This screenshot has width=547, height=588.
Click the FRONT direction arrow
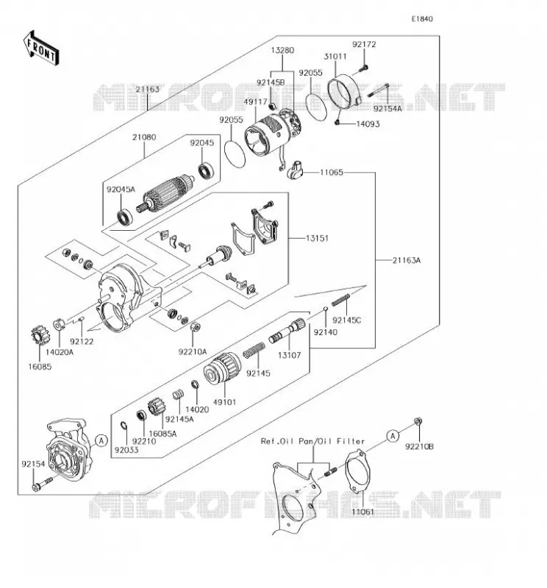click(41, 49)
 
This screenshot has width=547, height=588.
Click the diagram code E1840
click(422, 19)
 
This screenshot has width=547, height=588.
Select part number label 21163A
click(407, 260)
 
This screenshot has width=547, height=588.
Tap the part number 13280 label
click(282, 50)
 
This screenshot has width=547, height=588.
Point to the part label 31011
click(335, 57)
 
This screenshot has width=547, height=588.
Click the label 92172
click(364, 44)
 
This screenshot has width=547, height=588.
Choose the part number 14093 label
click(368, 124)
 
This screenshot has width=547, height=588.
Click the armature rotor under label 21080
click(166, 194)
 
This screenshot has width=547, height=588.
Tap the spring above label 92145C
click(340, 300)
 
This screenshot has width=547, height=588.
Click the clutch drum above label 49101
click(223, 368)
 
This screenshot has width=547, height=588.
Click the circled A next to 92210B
click(393, 436)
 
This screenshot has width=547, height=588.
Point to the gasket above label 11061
click(358, 471)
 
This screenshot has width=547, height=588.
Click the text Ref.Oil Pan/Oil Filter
click(313, 442)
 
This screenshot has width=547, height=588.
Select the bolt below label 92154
click(43, 484)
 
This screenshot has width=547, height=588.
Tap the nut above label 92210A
click(195, 327)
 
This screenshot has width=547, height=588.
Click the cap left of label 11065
click(294, 170)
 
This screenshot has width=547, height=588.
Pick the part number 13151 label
click(317, 238)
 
